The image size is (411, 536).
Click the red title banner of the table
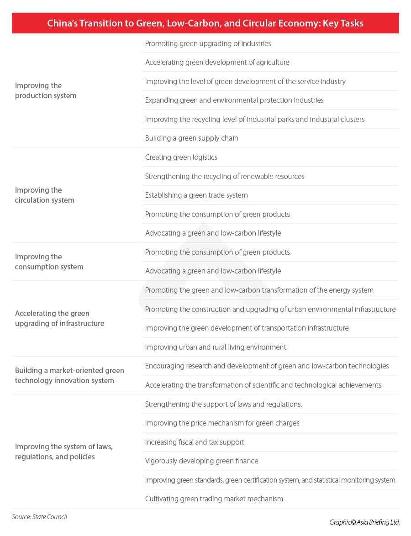coord(205,23)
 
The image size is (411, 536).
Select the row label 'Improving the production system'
coord(46,90)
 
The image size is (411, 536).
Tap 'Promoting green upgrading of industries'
coord(208,43)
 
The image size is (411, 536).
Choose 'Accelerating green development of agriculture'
coord(217,62)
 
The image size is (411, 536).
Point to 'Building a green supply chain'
coord(191,138)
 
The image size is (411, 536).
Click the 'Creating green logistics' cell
coord(181,157)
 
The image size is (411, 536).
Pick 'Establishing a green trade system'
coord(196,195)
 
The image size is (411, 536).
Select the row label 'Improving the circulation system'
coord(44,195)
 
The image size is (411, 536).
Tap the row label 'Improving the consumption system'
coord(49,262)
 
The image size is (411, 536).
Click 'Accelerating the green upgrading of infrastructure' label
coord(59,318)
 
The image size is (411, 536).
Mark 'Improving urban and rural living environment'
coord(216,347)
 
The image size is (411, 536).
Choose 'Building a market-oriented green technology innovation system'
coord(69,375)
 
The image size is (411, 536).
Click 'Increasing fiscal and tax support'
coord(195,442)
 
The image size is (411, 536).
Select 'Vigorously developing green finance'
coord(201,461)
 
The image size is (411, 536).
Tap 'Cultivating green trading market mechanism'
coord(214,499)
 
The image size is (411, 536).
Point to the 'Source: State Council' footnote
coord(40,517)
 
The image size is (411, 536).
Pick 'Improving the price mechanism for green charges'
coord(222,423)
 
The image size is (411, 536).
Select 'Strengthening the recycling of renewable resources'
coord(224,176)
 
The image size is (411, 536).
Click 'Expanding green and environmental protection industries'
coord(234,100)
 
